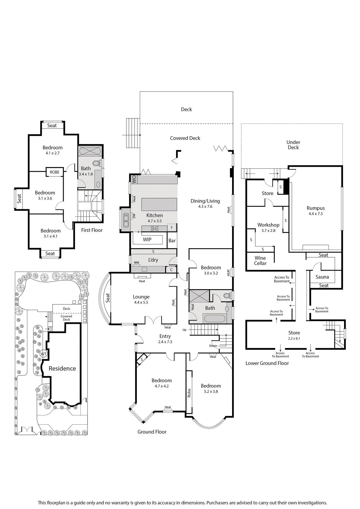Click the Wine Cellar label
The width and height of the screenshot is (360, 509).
pyautogui.click(x=260, y=261)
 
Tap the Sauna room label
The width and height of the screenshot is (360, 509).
pyautogui.click(x=322, y=277)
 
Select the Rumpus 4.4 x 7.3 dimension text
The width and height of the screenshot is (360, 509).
pyautogui.click(x=316, y=213)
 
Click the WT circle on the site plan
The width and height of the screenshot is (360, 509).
pyautogui.click(x=43, y=354)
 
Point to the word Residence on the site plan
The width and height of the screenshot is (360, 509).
pyautogui.click(x=62, y=368)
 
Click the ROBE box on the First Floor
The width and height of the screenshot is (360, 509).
pyautogui.click(x=54, y=172)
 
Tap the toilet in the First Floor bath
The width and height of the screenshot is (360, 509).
pyautogui.click(x=96, y=163)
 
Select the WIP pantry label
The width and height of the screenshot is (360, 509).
pyautogui.click(x=147, y=239)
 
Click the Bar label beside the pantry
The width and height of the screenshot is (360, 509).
pyautogui.click(x=172, y=241)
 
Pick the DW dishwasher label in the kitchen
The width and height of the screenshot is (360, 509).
pyautogui.click(x=134, y=216)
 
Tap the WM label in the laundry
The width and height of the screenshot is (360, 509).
pyautogui.click(x=137, y=262)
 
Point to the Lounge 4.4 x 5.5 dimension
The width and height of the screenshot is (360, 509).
pyautogui.click(x=141, y=302)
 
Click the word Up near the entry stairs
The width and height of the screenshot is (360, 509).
pyautogui.click(x=184, y=330)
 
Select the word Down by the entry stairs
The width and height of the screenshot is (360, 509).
pyautogui.click(x=213, y=345)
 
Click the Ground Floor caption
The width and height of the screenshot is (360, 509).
pyautogui.click(x=152, y=432)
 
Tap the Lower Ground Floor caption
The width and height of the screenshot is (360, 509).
pyautogui.click(x=267, y=363)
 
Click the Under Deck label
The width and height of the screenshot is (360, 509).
pyautogui.click(x=293, y=145)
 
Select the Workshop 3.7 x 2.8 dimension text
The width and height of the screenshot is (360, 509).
pyautogui.click(x=268, y=230)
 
